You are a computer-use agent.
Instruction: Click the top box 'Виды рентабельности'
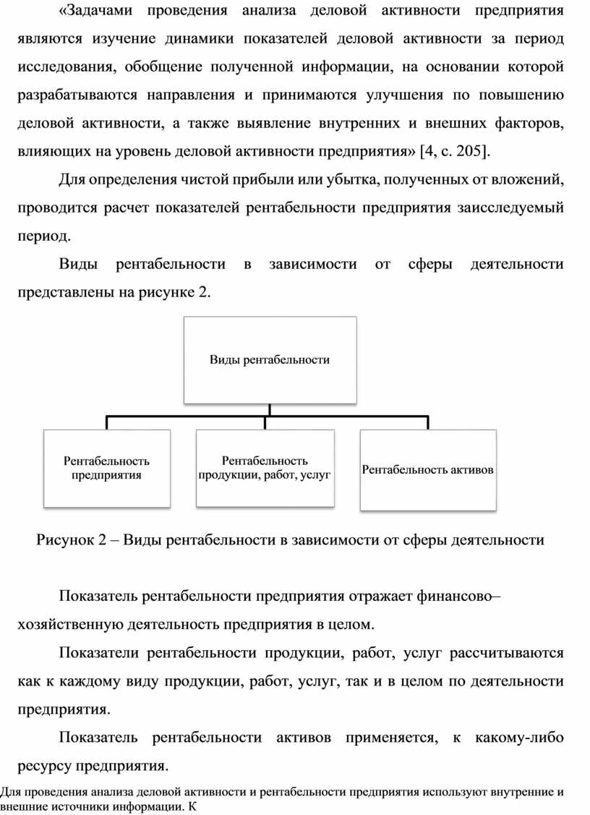(270, 359)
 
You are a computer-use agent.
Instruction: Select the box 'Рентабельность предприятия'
(106, 468)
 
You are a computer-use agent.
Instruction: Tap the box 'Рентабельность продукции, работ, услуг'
(265, 468)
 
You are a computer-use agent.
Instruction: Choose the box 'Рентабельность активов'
(428, 470)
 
